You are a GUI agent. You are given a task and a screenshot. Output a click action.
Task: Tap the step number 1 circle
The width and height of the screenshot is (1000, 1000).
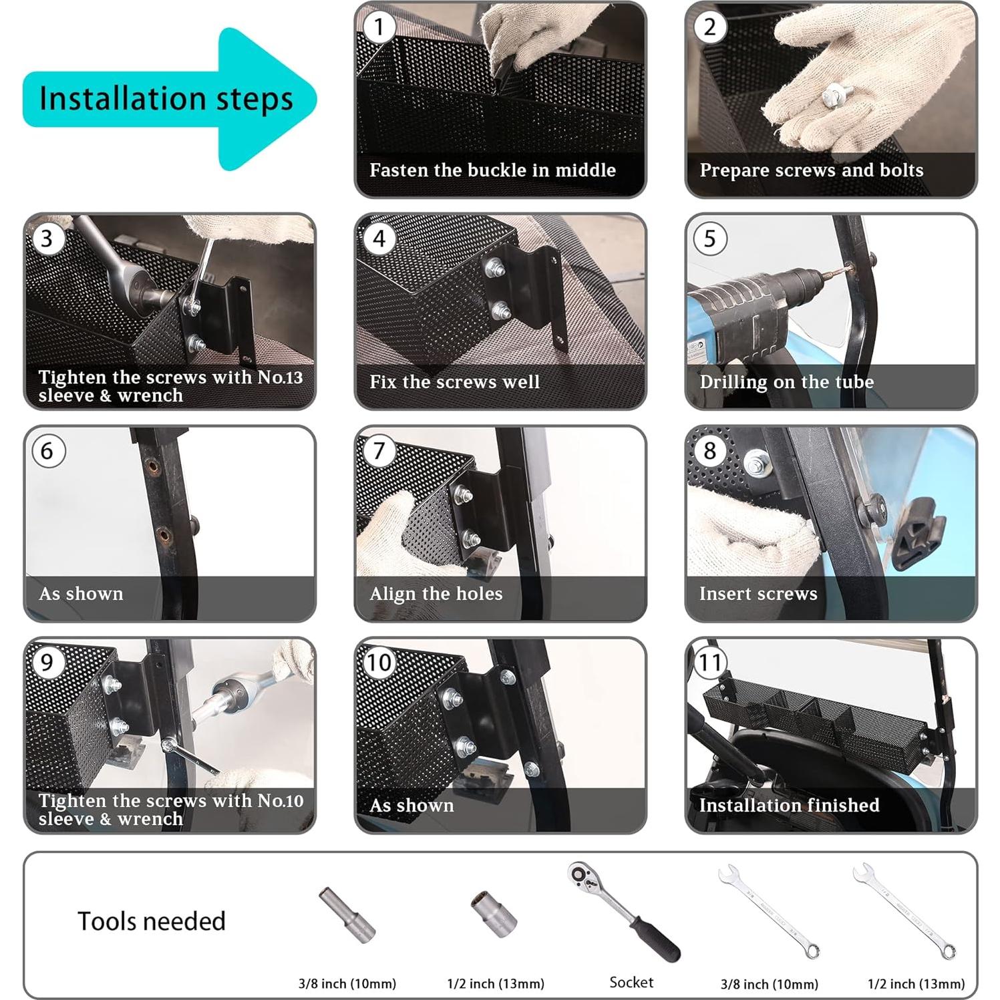coord(379,27)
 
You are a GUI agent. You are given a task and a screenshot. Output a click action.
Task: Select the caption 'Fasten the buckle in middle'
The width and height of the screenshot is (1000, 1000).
coord(493,170)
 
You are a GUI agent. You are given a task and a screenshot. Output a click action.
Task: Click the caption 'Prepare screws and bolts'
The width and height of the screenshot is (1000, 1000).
coord(812,170)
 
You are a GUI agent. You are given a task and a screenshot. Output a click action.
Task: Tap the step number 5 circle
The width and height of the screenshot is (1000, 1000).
coord(709,238)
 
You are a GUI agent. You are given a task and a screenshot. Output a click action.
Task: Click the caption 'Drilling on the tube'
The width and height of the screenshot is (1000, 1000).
coord(786,382)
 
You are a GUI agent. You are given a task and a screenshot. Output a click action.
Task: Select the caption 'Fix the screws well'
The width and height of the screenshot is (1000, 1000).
coord(454,382)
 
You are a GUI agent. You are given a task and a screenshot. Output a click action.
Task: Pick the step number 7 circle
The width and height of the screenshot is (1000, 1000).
coord(379,450)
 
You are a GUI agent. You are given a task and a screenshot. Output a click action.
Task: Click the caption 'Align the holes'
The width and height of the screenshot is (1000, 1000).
coord(436,594)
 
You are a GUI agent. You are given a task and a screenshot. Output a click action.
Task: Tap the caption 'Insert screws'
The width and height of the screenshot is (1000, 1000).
coord(758,594)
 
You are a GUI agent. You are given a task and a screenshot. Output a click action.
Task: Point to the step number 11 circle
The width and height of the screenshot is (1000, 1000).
coord(709,662)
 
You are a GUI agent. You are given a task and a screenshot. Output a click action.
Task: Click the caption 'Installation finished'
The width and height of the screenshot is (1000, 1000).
coord(789,805)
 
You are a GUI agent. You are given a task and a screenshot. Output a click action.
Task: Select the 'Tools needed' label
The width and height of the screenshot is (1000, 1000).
coord(152,921)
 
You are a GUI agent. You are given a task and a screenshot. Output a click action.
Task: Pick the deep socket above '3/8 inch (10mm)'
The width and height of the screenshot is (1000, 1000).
coord(347,915)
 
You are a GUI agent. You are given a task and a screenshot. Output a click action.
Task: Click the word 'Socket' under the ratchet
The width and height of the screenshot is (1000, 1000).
coord(631,982)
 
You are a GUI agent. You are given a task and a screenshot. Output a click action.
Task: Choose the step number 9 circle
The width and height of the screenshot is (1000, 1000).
coord(47,662)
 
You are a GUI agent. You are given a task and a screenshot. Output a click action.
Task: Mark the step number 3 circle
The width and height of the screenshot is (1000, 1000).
coord(47,238)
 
